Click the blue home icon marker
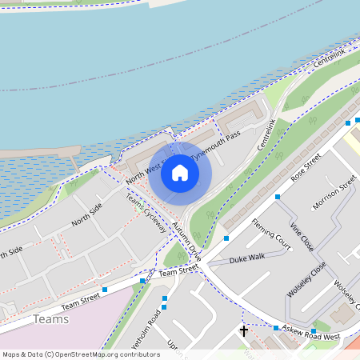coord(180,172)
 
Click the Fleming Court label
coord(270,232)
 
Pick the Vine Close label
coord(304,237)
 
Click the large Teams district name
coord(51,319)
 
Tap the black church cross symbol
coord(244,330)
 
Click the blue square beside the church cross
coord(275,328)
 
